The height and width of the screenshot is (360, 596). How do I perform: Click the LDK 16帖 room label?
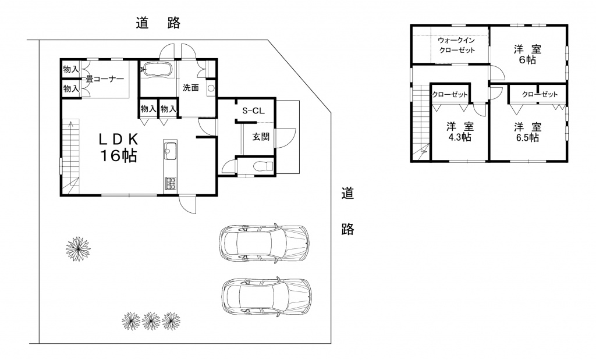pyautogui.click(x=118, y=148)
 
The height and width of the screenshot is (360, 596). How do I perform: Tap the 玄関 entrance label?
pyautogui.click(x=261, y=137)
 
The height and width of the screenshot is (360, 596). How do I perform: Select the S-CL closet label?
pyautogui.click(x=254, y=111)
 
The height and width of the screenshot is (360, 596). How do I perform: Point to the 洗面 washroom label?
pyautogui.click(x=191, y=88)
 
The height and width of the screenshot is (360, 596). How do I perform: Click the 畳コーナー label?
pyautogui.click(x=105, y=79)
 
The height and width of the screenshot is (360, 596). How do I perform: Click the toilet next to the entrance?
pyautogui.click(x=263, y=166)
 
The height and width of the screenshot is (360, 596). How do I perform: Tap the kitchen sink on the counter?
pyautogui.click(x=170, y=152)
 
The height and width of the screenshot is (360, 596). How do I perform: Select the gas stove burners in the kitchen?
pyautogui.click(x=170, y=184)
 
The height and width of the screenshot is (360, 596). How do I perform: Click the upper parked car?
pyautogui.click(x=264, y=243)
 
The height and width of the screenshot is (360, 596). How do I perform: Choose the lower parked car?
pyautogui.click(x=267, y=295)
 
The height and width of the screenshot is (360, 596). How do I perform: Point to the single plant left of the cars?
pyautogui.click(x=78, y=249)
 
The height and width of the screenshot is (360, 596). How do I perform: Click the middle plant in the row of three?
pyautogui.click(x=151, y=321)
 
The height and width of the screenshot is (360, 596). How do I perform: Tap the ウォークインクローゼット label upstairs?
pyautogui.click(x=456, y=45)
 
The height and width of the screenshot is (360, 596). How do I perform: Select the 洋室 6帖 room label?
pyautogui.click(x=527, y=54)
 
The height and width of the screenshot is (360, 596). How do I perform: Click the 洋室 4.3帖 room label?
pyautogui.click(x=460, y=131)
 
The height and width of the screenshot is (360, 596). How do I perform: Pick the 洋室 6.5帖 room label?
pyautogui.click(x=527, y=131)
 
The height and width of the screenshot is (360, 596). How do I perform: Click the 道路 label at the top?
pyautogui.click(x=158, y=23)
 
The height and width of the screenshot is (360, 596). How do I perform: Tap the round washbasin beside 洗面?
pyautogui.click(x=211, y=88)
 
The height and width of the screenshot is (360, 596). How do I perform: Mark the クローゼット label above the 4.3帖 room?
pyautogui.click(x=450, y=95)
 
